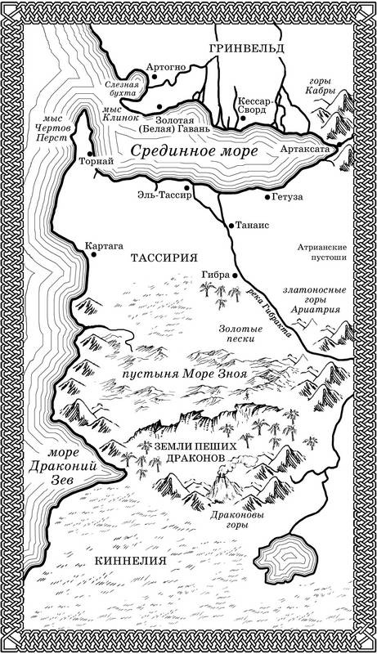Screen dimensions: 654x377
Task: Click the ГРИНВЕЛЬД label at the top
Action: [x=246, y=50]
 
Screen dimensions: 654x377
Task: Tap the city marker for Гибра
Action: [x=235, y=275]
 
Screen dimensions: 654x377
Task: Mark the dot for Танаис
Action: [x=230, y=223]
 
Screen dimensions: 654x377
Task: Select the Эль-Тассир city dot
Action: [x=186, y=186]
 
